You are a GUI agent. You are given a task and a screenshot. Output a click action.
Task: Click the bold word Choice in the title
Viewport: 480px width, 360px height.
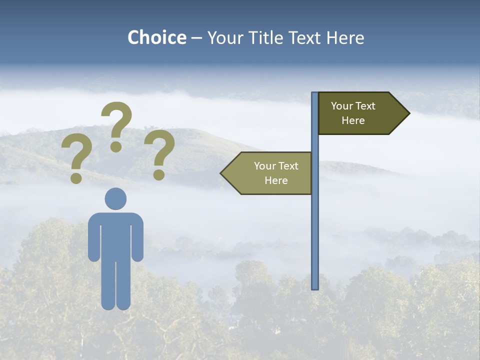156,37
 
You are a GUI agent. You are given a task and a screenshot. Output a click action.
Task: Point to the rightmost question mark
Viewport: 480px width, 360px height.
159,154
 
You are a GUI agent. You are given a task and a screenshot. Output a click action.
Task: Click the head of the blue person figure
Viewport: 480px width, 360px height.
115,198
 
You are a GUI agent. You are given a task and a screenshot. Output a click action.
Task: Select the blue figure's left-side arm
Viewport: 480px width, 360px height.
93,237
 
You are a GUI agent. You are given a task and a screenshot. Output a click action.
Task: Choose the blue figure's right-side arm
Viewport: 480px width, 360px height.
138,237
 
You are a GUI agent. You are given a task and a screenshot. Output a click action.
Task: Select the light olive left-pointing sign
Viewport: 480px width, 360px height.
270,173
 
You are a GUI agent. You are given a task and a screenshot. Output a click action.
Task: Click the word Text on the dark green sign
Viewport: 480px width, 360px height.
366,106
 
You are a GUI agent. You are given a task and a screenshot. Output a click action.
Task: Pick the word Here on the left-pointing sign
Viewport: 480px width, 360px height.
276,180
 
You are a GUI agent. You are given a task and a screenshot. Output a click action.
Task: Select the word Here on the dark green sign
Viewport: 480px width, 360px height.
353,120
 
